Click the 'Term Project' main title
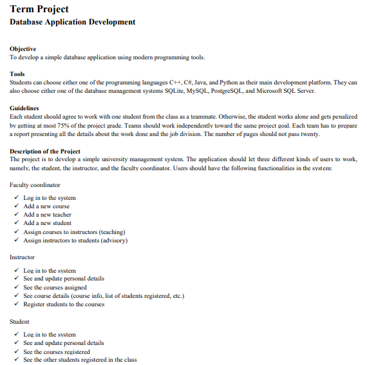[40, 8]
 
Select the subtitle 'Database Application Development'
[73, 22]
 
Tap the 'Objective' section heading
[23, 49]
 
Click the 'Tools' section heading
[17, 74]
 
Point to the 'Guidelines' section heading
[24, 108]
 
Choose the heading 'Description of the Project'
[45, 151]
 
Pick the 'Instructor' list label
[23, 257]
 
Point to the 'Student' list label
[20, 321]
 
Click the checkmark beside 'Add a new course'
[17, 206]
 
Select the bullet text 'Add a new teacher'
[47, 215]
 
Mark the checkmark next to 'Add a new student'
[17, 223]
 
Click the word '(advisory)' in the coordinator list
[113, 240]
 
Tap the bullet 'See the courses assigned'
[55, 288]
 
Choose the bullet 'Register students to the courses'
[64, 304]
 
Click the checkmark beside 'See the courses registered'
[17, 352]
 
